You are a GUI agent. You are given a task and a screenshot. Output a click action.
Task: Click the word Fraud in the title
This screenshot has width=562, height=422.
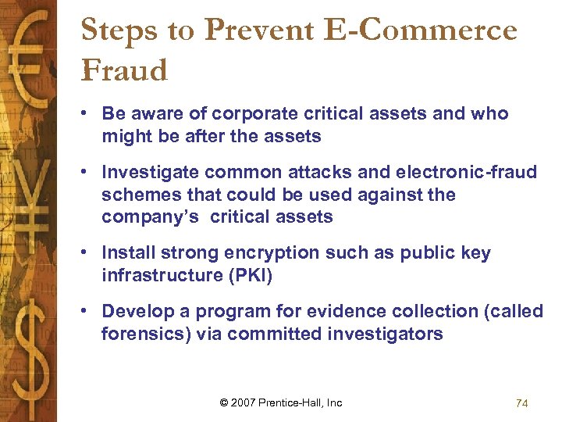click(x=124, y=70)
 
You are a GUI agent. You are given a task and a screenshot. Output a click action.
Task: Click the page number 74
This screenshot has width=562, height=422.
click(x=522, y=403)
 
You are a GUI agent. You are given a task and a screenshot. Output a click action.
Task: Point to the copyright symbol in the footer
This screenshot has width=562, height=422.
click(x=225, y=403)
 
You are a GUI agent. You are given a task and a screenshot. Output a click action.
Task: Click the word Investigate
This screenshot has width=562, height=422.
click(x=147, y=172)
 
